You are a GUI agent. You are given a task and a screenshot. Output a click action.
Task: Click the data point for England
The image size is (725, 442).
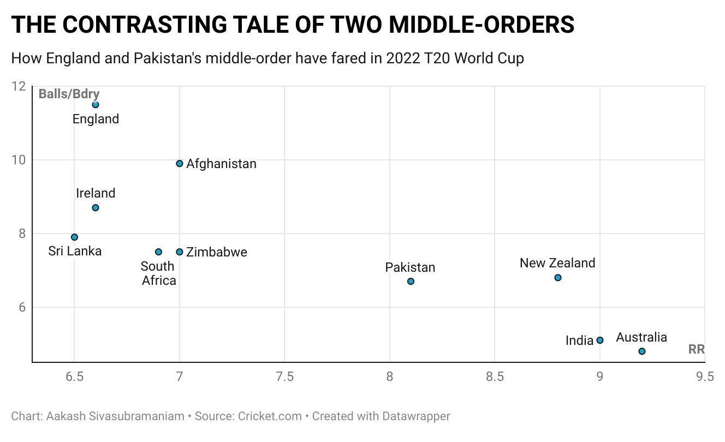[x=96, y=104]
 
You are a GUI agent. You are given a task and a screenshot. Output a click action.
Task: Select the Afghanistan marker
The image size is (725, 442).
[x=180, y=164]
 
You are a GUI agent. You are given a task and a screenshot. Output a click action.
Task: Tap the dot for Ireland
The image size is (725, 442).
[x=96, y=208]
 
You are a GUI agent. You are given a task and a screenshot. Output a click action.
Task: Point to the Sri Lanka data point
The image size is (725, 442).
[x=75, y=237]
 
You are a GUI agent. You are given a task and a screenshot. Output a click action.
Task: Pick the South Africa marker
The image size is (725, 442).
[x=158, y=252]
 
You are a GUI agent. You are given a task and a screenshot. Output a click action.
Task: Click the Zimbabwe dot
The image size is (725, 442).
[x=180, y=252]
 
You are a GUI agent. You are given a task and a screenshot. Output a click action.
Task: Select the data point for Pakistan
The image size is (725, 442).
[x=411, y=282]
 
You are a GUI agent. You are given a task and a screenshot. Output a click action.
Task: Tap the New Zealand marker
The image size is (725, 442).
[x=557, y=278]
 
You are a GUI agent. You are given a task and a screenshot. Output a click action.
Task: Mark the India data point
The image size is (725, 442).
[x=600, y=340]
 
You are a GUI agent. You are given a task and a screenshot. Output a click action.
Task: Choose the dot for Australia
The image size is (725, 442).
[x=642, y=351]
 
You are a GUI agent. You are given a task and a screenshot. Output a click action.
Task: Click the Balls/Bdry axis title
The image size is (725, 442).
[x=69, y=94]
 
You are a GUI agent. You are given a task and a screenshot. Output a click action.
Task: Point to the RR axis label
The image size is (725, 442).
[x=696, y=350]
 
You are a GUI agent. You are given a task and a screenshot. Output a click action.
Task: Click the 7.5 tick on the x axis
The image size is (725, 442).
[x=284, y=377]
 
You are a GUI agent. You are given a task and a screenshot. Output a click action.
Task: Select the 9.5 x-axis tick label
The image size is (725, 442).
[x=704, y=377]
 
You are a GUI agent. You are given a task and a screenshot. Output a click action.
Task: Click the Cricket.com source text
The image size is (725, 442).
[x=270, y=416]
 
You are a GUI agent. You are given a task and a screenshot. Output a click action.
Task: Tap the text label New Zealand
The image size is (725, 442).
[x=557, y=263]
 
